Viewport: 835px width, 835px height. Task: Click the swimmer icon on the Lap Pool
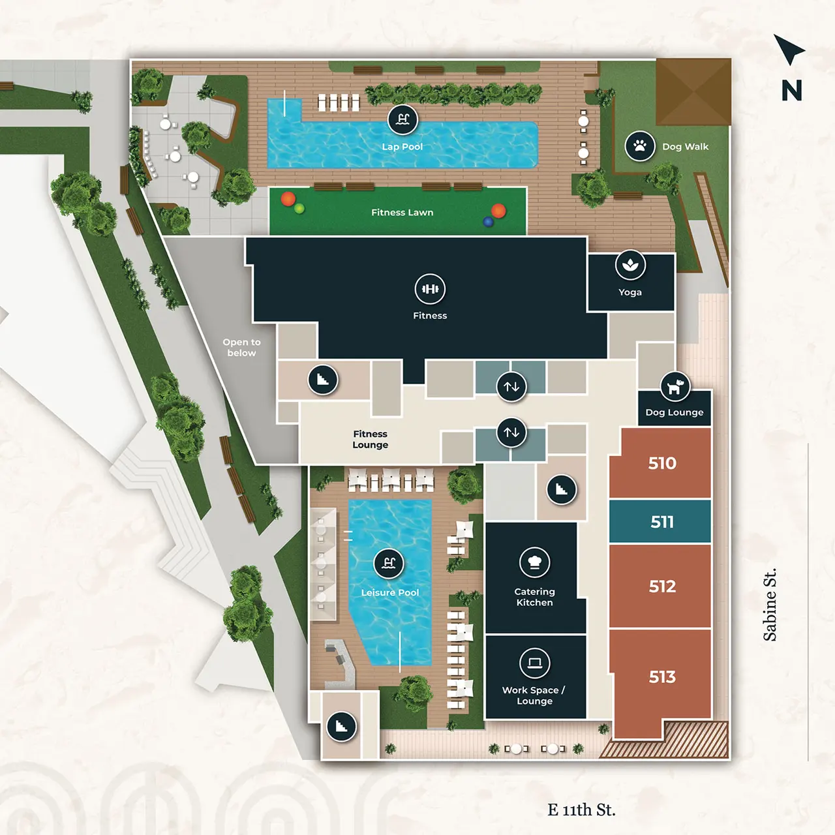pos(402,119)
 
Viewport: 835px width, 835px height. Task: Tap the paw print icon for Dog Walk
pos(640,146)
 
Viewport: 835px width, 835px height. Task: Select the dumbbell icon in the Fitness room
pos(430,289)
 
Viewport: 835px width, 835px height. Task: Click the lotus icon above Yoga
pos(630,265)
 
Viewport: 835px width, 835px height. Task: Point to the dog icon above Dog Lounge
pos(675,387)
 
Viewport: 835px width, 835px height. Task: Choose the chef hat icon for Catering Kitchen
pos(534,562)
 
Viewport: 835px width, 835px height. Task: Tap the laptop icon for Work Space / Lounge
pos(534,663)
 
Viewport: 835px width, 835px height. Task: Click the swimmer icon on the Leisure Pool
pos(389,563)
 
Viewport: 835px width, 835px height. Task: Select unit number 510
pos(661,463)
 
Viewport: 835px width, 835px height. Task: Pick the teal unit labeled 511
pos(661,522)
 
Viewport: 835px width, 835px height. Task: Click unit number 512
pos(661,586)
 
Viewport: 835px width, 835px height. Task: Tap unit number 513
pos(661,677)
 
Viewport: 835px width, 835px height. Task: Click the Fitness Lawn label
pos(402,213)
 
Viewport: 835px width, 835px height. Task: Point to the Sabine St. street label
pos(770,605)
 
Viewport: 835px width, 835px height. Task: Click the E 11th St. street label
pos(581,810)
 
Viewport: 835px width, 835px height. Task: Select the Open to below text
pos(241,347)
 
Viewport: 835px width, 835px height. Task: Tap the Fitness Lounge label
pos(370,439)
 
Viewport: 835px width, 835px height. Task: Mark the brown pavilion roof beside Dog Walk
pos(693,91)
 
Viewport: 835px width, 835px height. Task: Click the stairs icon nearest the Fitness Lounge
pos(322,380)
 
